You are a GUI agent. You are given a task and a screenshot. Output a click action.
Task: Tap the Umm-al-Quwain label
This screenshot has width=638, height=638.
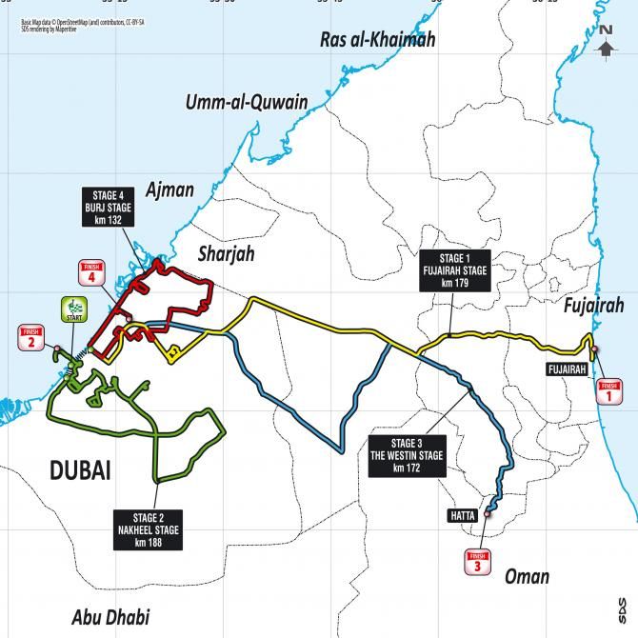tap(248, 103)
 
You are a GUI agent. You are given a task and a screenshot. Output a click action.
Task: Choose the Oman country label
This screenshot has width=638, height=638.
tap(525, 576)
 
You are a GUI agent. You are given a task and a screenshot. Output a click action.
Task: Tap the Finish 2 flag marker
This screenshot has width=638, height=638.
tap(30, 337)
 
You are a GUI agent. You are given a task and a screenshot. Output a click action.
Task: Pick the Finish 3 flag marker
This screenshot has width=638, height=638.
tap(478, 562)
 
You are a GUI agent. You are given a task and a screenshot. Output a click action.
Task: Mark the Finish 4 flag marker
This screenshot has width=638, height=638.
tap(91, 273)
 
